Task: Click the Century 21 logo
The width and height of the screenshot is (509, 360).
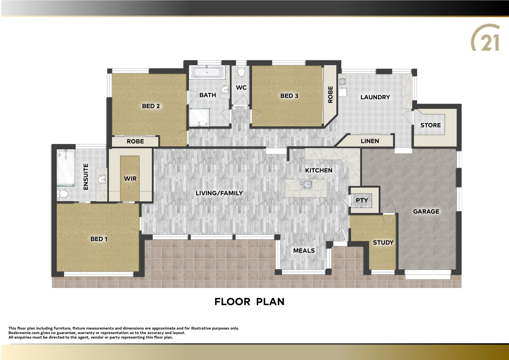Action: point(485,38)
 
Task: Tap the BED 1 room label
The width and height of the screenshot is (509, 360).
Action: point(99,239)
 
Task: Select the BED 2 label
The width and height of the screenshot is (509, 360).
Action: point(151,106)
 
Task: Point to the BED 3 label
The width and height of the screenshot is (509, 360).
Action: point(289,96)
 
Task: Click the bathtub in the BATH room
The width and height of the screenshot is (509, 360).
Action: point(207,72)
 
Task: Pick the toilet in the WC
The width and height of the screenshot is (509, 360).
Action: point(241,71)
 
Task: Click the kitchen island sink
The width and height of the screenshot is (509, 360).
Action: point(306,184)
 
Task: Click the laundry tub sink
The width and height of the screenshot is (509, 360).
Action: point(342,81)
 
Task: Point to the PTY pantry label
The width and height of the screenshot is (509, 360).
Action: point(362,200)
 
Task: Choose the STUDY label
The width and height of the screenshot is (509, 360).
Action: point(383,243)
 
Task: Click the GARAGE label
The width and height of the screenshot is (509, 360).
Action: point(426,212)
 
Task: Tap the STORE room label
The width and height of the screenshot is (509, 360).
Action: point(430,125)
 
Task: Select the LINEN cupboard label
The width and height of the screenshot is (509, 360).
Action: point(370,141)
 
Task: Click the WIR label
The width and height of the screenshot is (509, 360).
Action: point(130,179)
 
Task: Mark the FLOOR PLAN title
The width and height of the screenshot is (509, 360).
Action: point(249,302)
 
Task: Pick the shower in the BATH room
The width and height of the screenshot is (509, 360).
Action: point(199,117)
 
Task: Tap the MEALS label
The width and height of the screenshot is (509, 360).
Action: point(304,251)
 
